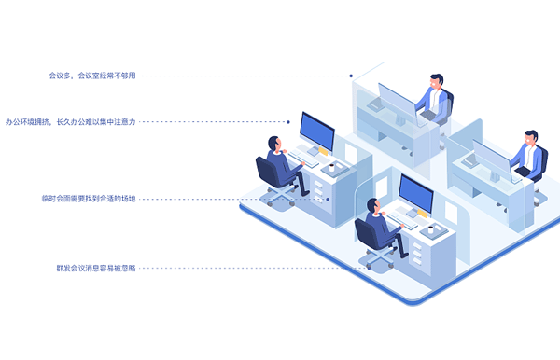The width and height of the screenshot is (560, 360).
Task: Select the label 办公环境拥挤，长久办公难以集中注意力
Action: (x=71, y=121)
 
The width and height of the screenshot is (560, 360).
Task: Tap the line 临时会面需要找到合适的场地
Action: (x=89, y=199)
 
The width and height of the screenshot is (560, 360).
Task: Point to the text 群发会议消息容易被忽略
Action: (x=96, y=268)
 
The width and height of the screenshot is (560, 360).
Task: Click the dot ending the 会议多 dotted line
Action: (x=351, y=76)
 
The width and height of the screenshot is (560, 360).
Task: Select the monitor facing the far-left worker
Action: (x=317, y=132)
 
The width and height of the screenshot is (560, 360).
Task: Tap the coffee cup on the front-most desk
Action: (x=430, y=228)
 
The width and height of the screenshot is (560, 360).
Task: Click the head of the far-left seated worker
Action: (x=274, y=143)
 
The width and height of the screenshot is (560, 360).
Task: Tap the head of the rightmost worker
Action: (x=530, y=138)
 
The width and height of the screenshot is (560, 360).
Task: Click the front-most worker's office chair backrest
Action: (x=367, y=233)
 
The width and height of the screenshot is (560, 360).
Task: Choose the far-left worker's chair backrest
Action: (x=266, y=172)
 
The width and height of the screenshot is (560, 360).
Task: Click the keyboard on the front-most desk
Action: (x=403, y=220)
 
